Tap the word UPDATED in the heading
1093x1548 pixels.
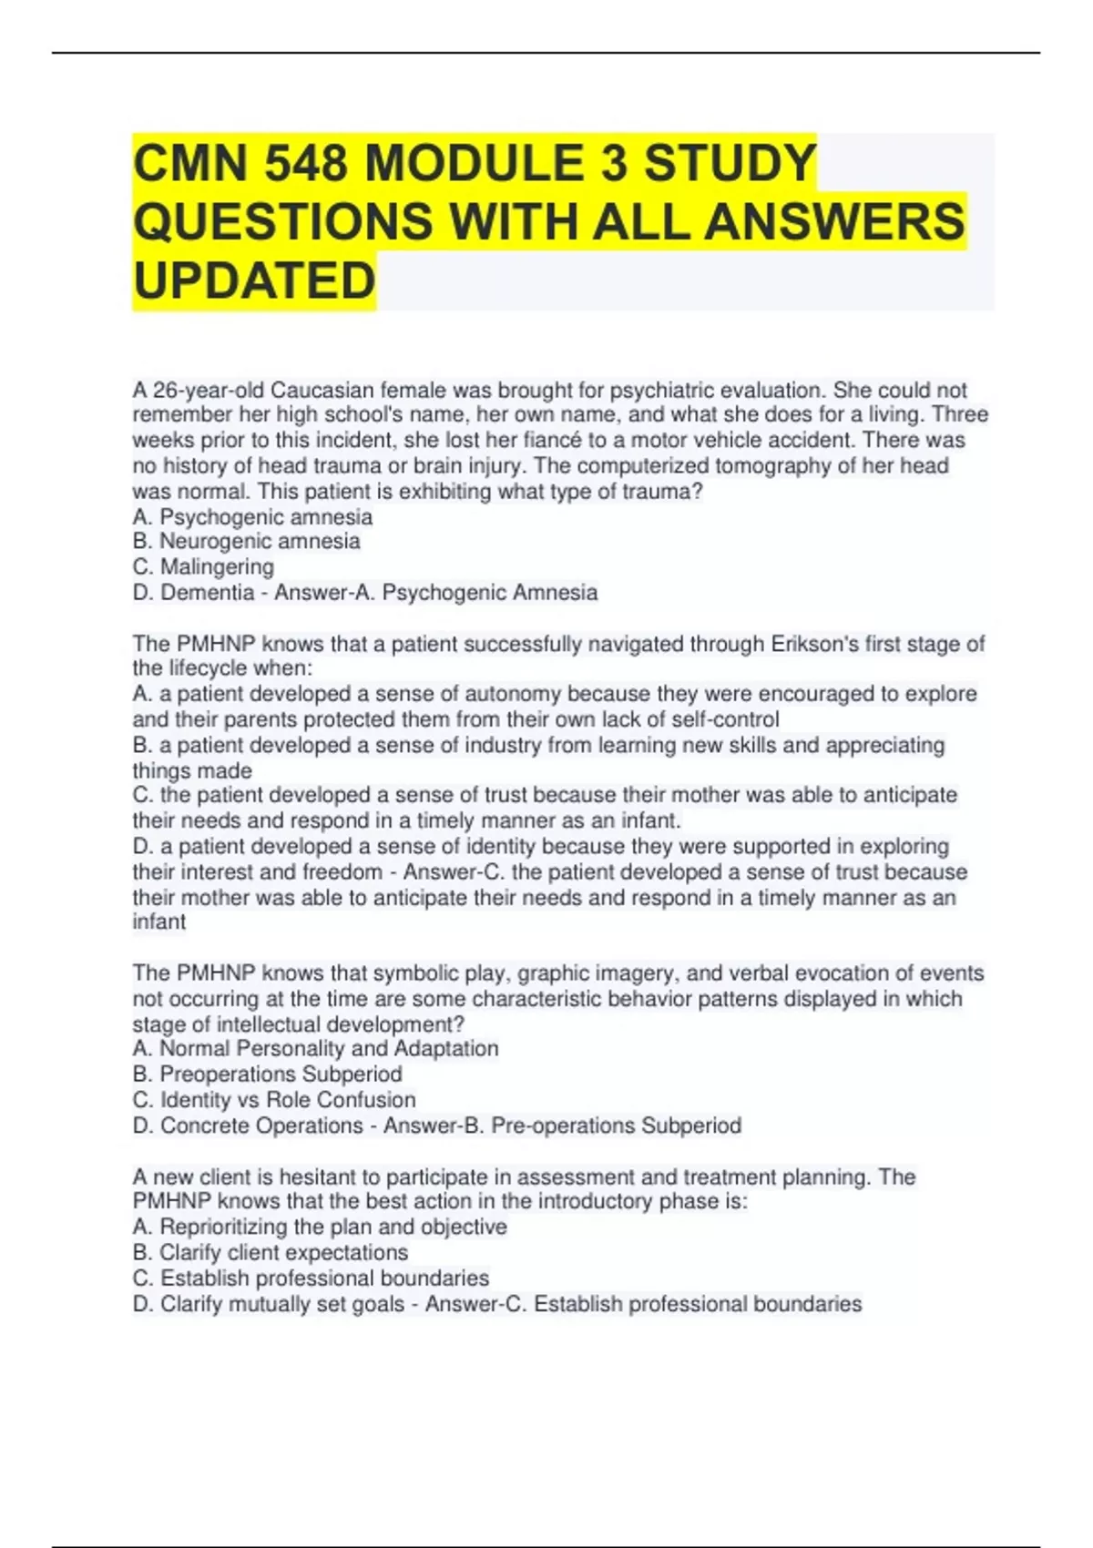tap(254, 280)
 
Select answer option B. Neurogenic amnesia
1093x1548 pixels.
tap(247, 541)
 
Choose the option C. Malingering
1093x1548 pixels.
tap(203, 566)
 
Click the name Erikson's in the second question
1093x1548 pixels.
tap(815, 644)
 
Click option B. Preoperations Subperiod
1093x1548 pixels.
tap(268, 1074)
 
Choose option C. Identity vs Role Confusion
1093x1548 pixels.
tap(274, 1099)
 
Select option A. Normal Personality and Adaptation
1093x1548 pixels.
tap(315, 1048)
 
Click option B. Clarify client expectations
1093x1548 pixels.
tap(271, 1252)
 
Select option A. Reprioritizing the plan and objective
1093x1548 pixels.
tap(320, 1227)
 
